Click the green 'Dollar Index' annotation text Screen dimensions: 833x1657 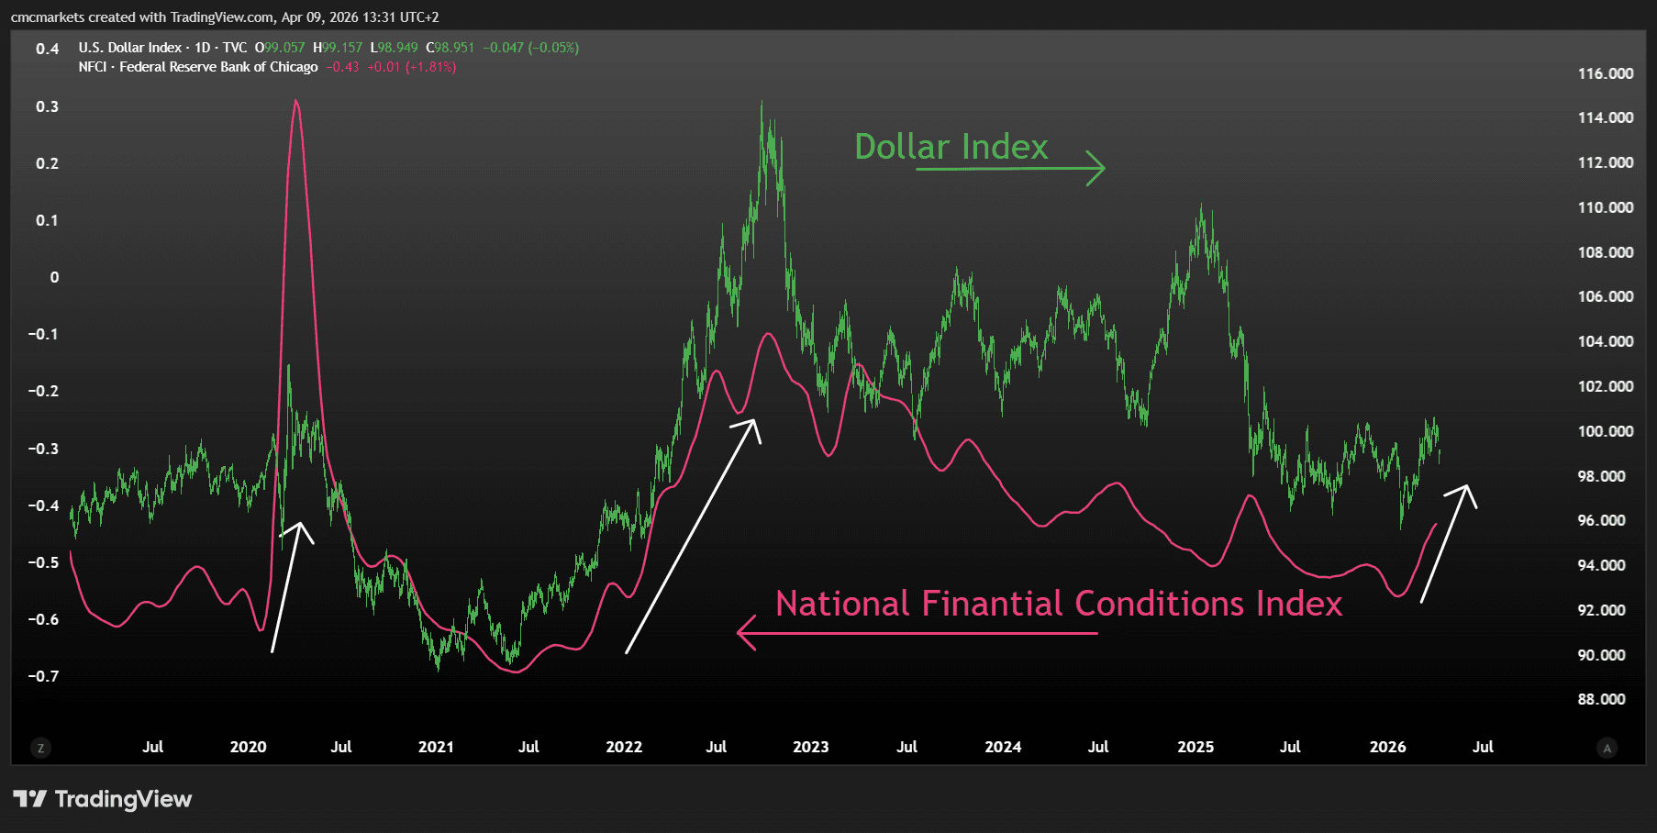coord(951,147)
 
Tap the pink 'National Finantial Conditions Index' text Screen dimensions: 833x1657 coord(1058,604)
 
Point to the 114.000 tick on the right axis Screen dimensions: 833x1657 coord(1605,117)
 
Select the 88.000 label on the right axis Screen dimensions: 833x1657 coord(1601,699)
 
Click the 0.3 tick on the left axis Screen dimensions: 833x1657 coord(47,106)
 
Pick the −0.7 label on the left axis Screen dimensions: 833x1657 coord(43,676)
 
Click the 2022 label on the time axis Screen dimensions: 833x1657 coord(624,747)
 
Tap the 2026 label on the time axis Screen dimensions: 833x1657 coord(1387,747)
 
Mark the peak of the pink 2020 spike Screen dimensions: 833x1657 coord(295,102)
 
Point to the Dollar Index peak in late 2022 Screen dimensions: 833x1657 coord(762,104)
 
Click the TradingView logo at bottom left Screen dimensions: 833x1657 coord(103,799)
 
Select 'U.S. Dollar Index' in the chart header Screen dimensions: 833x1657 coord(129,48)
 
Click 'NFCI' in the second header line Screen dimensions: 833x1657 coord(92,67)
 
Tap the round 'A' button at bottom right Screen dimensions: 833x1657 coord(1607,748)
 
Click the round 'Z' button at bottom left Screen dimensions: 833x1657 coord(40,748)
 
